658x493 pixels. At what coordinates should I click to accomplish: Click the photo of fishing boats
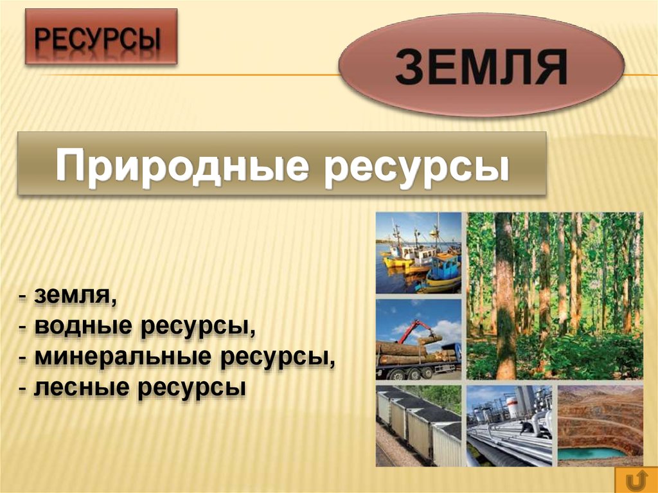pos(418,253)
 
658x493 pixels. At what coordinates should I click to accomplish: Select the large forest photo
pos(554,296)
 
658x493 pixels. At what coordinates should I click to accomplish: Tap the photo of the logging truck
pos(418,339)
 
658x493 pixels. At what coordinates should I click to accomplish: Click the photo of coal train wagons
pos(418,426)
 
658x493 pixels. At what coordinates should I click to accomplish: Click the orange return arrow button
pos(635,480)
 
